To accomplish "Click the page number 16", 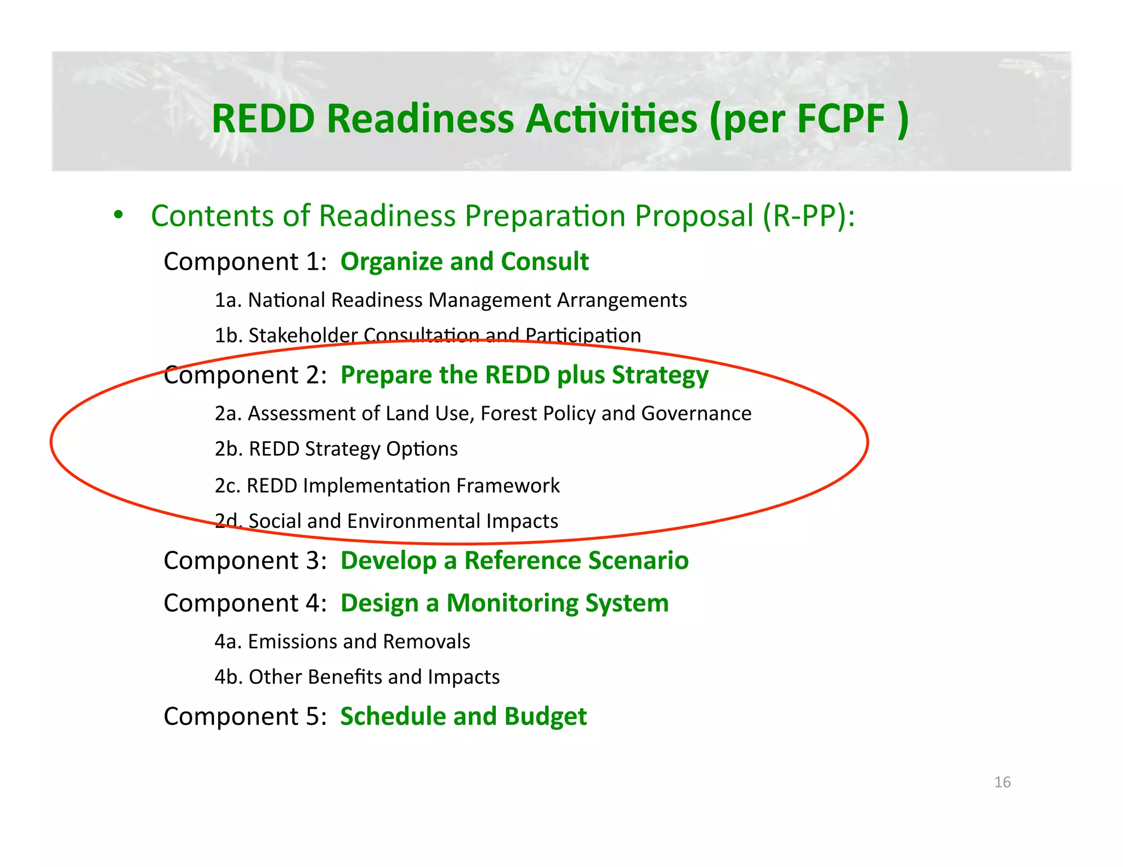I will click(1002, 782).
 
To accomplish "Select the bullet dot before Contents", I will click(118, 215).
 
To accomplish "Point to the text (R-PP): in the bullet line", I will click(809, 216).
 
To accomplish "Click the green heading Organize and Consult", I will click(464, 261).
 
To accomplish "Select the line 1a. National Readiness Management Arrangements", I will click(450, 300).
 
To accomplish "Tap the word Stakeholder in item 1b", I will click(303, 335).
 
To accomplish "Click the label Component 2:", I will click(245, 375).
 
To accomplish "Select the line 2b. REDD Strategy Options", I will click(336, 449).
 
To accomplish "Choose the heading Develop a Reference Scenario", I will click(514, 561).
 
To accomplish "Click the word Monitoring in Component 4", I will click(512, 603).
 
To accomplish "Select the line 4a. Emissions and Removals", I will click(342, 642).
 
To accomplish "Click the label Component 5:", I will click(245, 717).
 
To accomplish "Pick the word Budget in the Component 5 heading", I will click(545, 717).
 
